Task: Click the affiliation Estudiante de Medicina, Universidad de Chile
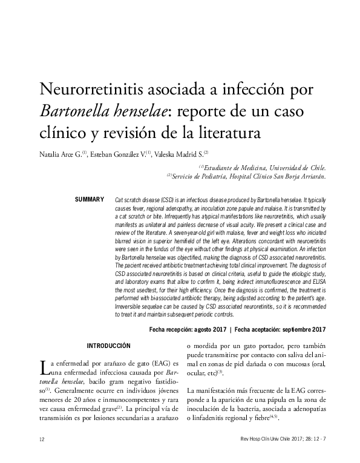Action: pyautogui.click(x=266, y=167)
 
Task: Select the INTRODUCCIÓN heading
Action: pyautogui.click(x=109, y=346)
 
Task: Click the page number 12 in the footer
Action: pyautogui.click(x=41, y=439)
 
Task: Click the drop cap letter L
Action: pyautogui.click(x=42, y=366)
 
